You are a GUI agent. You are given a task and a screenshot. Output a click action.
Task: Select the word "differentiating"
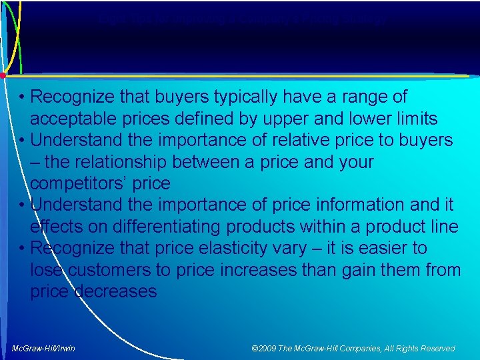[173, 227]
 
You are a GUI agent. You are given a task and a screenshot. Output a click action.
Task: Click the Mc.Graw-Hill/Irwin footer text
[44, 349]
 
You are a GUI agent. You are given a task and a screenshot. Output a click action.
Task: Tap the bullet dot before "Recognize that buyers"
[22, 98]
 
